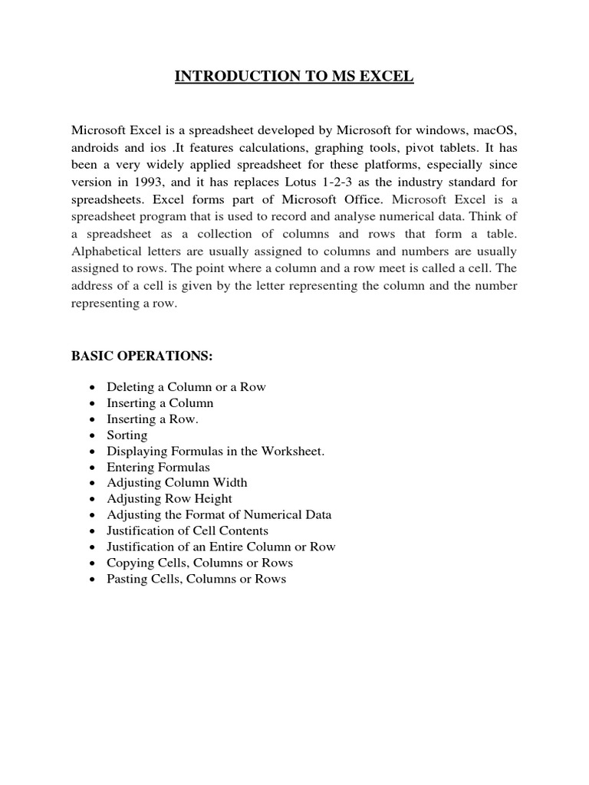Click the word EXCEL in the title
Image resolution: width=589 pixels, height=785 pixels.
pyautogui.click(x=383, y=76)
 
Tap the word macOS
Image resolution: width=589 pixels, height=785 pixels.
pyautogui.click(x=495, y=130)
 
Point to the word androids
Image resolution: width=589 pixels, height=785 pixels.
pyautogui.click(x=97, y=148)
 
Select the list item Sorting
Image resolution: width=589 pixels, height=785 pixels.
pyautogui.click(x=127, y=435)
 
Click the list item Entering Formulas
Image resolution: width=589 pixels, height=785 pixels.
pyautogui.click(x=158, y=467)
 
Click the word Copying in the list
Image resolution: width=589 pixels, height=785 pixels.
pyautogui.click(x=130, y=563)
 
